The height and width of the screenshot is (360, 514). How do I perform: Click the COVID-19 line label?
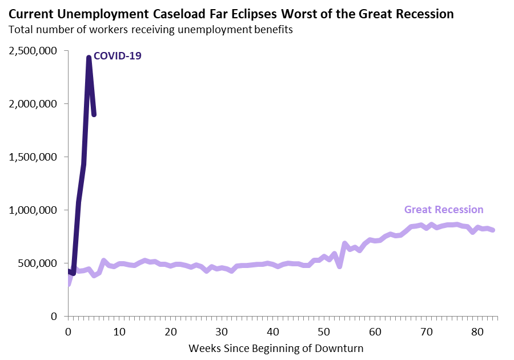pos(117,56)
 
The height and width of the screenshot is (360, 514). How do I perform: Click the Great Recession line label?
pos(444,210)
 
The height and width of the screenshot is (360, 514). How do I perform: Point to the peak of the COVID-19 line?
pos(89,57)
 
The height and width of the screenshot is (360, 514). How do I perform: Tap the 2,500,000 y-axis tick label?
pos(33,51)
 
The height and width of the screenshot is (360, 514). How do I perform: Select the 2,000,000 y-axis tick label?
pos(33,104)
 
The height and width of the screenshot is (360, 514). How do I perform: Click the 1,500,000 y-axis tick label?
pos(33,157)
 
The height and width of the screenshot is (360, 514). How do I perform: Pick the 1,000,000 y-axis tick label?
pos(33,210)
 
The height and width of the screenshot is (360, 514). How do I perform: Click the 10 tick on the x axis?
pos(119,330)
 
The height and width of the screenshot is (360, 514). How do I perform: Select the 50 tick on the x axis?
pos(324,330)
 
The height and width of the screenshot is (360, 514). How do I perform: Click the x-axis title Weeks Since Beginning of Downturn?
pos(276,347)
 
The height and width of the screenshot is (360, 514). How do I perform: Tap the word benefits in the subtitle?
pos(272,30)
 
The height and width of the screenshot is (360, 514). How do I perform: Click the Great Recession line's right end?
pos(492,230)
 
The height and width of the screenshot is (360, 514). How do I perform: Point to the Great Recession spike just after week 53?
pos(344,244)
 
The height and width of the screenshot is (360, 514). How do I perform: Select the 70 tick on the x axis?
pos(426,330)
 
